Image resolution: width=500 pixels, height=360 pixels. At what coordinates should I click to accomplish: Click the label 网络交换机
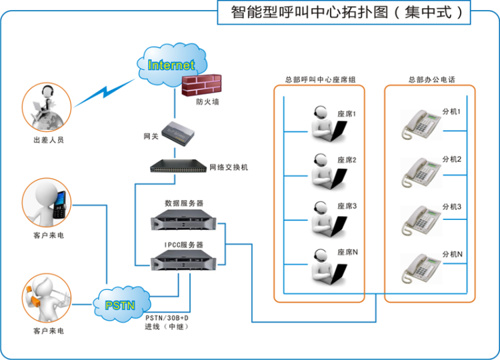point(229,167)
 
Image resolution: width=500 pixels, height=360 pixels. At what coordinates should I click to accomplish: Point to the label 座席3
point(347,206)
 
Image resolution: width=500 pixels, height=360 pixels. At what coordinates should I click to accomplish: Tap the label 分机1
point(452,111)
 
